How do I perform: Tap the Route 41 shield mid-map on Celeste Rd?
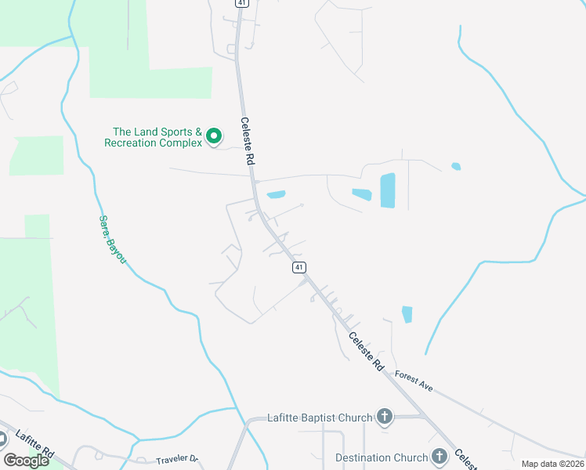pos(298,267)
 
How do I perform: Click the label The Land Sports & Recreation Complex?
pos(157,137)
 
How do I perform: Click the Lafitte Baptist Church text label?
pos(319,418)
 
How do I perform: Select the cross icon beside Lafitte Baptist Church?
pos(385,417)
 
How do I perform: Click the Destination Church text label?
pos(382,457)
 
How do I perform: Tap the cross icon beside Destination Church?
pos(439,457)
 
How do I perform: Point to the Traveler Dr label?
pos(178,461)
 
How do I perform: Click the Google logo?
pos(26,461)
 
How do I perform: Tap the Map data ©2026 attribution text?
pos(552,464)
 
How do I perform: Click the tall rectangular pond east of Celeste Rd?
pos(388,190)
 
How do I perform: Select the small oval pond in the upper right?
pos(456,166)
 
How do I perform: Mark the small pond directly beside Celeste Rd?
pos(276,194)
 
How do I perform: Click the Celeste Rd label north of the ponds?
pos(248,141)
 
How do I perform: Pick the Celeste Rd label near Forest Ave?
pos(366,352)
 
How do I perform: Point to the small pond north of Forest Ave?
pos(407,314)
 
